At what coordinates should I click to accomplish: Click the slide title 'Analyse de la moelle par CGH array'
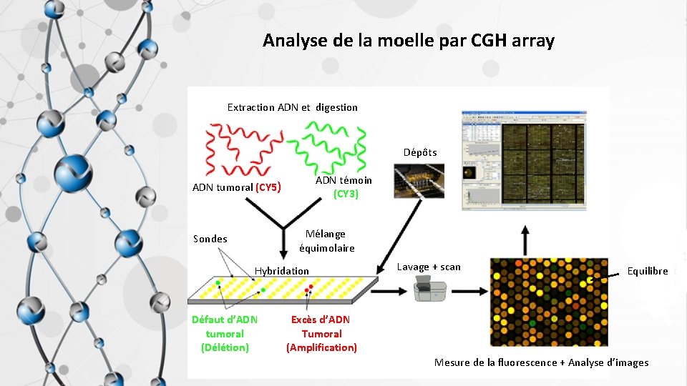pyautogui.click(x=408, y=41)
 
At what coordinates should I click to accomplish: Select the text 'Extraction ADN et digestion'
pyautogui.click(x=292, y=107)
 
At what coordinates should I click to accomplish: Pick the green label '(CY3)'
pyautogui.click(x=346, y=194)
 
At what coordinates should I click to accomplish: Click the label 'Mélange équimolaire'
pyautogui.click(x=326, y=241)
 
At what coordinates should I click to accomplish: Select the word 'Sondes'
pyautogui.click(x=210, y=239)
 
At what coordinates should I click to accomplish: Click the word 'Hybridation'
pyautogui.click(x=282, y=271)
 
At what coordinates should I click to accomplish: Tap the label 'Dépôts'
pyautogui.click(x=419, y=152)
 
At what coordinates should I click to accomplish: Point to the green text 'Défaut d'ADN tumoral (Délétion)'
pyautogui.click(x=225, y=333)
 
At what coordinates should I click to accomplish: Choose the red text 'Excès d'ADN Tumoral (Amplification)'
pyautogui.click(x=321, y=333)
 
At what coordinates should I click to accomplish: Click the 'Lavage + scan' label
pyautogui.click(x=429, y=267)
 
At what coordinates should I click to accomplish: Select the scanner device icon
pyautogui.click(x=429, y=290)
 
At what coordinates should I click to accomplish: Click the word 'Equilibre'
pyautogui.click(x=647, y=271)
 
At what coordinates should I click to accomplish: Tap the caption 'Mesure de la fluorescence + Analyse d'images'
pyautogui.click(x=541, y=362)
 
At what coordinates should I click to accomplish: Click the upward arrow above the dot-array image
pyautogui.click(x=525, y=239)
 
